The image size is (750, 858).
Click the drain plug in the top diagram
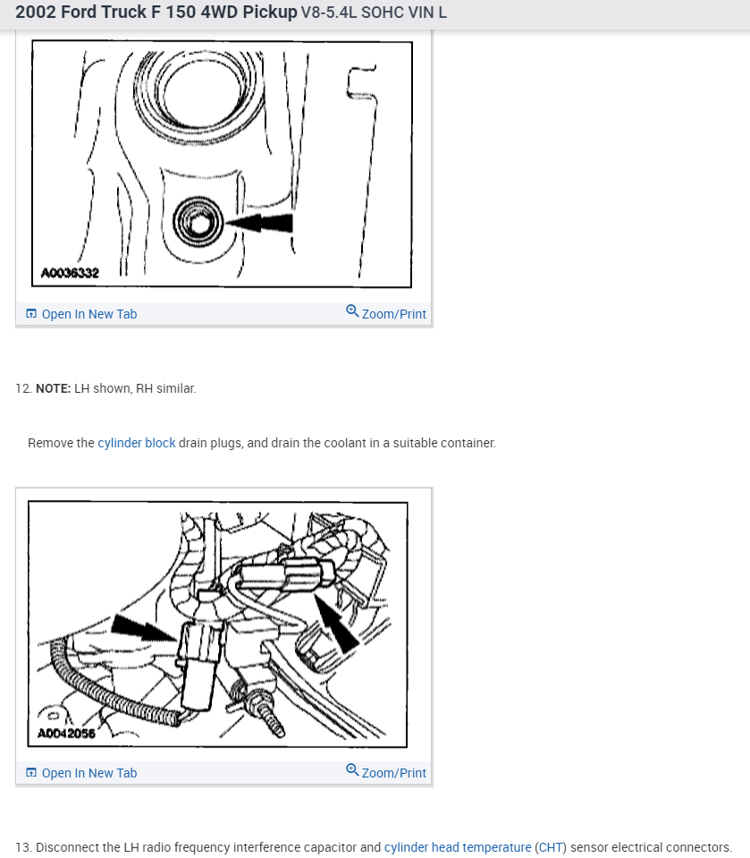pos(198,222)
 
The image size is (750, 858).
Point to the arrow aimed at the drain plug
pos(259,223)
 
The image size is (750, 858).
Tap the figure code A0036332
pos(70,273)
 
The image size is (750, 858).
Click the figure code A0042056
pos(66,734)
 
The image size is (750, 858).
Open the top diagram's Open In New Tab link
pos(81,314)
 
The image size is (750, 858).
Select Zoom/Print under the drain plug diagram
pos(386,313)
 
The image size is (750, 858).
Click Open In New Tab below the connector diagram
pos(81,773)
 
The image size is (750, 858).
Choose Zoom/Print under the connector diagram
pos(386,772)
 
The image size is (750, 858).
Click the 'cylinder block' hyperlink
pos(137,443)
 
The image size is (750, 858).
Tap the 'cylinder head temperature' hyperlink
pos(458,847)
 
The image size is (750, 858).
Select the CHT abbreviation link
pos(551,847)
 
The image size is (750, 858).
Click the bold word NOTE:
pos(53,388)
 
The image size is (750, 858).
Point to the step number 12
pos(23,388)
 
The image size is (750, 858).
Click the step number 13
pos(23,847)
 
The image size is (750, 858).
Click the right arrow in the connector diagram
pos(335,623)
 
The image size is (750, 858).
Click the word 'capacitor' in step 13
pos(332,847)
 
